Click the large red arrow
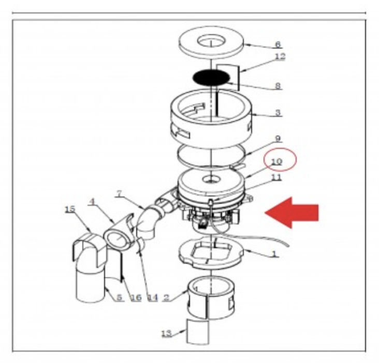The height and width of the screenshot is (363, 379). click(291, 213)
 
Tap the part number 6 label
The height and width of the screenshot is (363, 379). click(278, 44)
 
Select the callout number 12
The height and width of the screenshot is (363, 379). click(281, 56)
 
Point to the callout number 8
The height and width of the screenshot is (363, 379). click(278, 85)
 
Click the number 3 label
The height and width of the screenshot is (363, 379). click(278, 112)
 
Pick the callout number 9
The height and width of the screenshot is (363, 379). click(278, 139)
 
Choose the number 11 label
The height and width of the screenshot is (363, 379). click(277, 177)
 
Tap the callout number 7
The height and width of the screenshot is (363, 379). click(120, 193)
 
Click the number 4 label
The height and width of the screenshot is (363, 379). click(92, 202)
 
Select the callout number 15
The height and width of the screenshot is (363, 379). click(70, 209)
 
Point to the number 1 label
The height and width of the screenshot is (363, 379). click(274, 254)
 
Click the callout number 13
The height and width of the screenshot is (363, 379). click(167, 334)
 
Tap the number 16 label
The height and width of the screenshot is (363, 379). click(136, 297)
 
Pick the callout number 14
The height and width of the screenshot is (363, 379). click(153, 297)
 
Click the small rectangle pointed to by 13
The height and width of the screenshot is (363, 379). click(198, 331)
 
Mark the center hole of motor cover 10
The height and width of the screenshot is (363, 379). click(211, 179)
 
